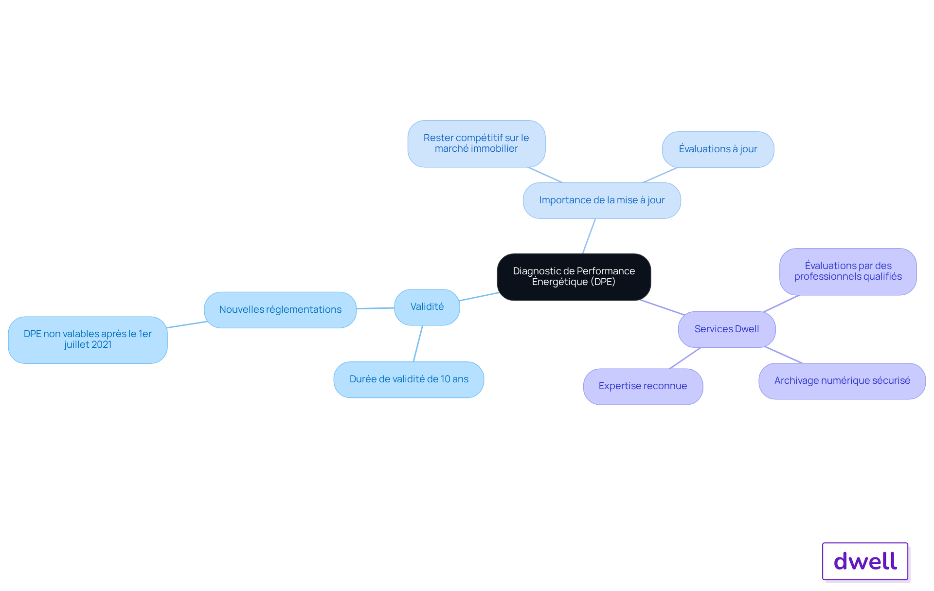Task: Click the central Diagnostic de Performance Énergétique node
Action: pyautogui.click(x=574, y=277)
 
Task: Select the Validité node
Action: pyautogui.click(x=427, y=307)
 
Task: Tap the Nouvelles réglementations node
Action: pyautogui.click(x=280, y=310)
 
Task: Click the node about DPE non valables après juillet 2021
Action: pyautogui.click(x=88, y=340)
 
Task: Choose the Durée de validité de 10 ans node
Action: pyautogui.click(x=409, y=379)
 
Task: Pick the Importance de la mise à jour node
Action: pyautogui.click(x=602, y=200)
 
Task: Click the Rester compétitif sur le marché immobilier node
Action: pyautogui.click(x=476, y=143)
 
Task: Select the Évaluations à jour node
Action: pyautogui.click(x=718, y=149)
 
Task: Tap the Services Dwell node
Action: pyautogui.click(x=727, y=329)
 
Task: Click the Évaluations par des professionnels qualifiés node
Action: pyautogui.click(x=848, y=271)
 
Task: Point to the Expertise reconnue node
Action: pyautogui.click(x=643, y=386)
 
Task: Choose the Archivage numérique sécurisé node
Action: pyautogui.click(x=842, y=381)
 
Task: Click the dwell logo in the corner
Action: pyautogui.click(x=865, y=561)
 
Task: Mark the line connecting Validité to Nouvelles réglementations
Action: pyautogui.click(x=376, y=308)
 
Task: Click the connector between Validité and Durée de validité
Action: pyautogui.click(x=418, y=343)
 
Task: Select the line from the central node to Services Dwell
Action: pyautogui.click(x=662, y=307)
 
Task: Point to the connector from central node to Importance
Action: pyautogui.click(x=589, y=236)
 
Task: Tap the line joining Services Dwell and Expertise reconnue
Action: pyautogui.click(x=685, y=358)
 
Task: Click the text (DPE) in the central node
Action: pyautogui.click(x=603, y=282)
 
